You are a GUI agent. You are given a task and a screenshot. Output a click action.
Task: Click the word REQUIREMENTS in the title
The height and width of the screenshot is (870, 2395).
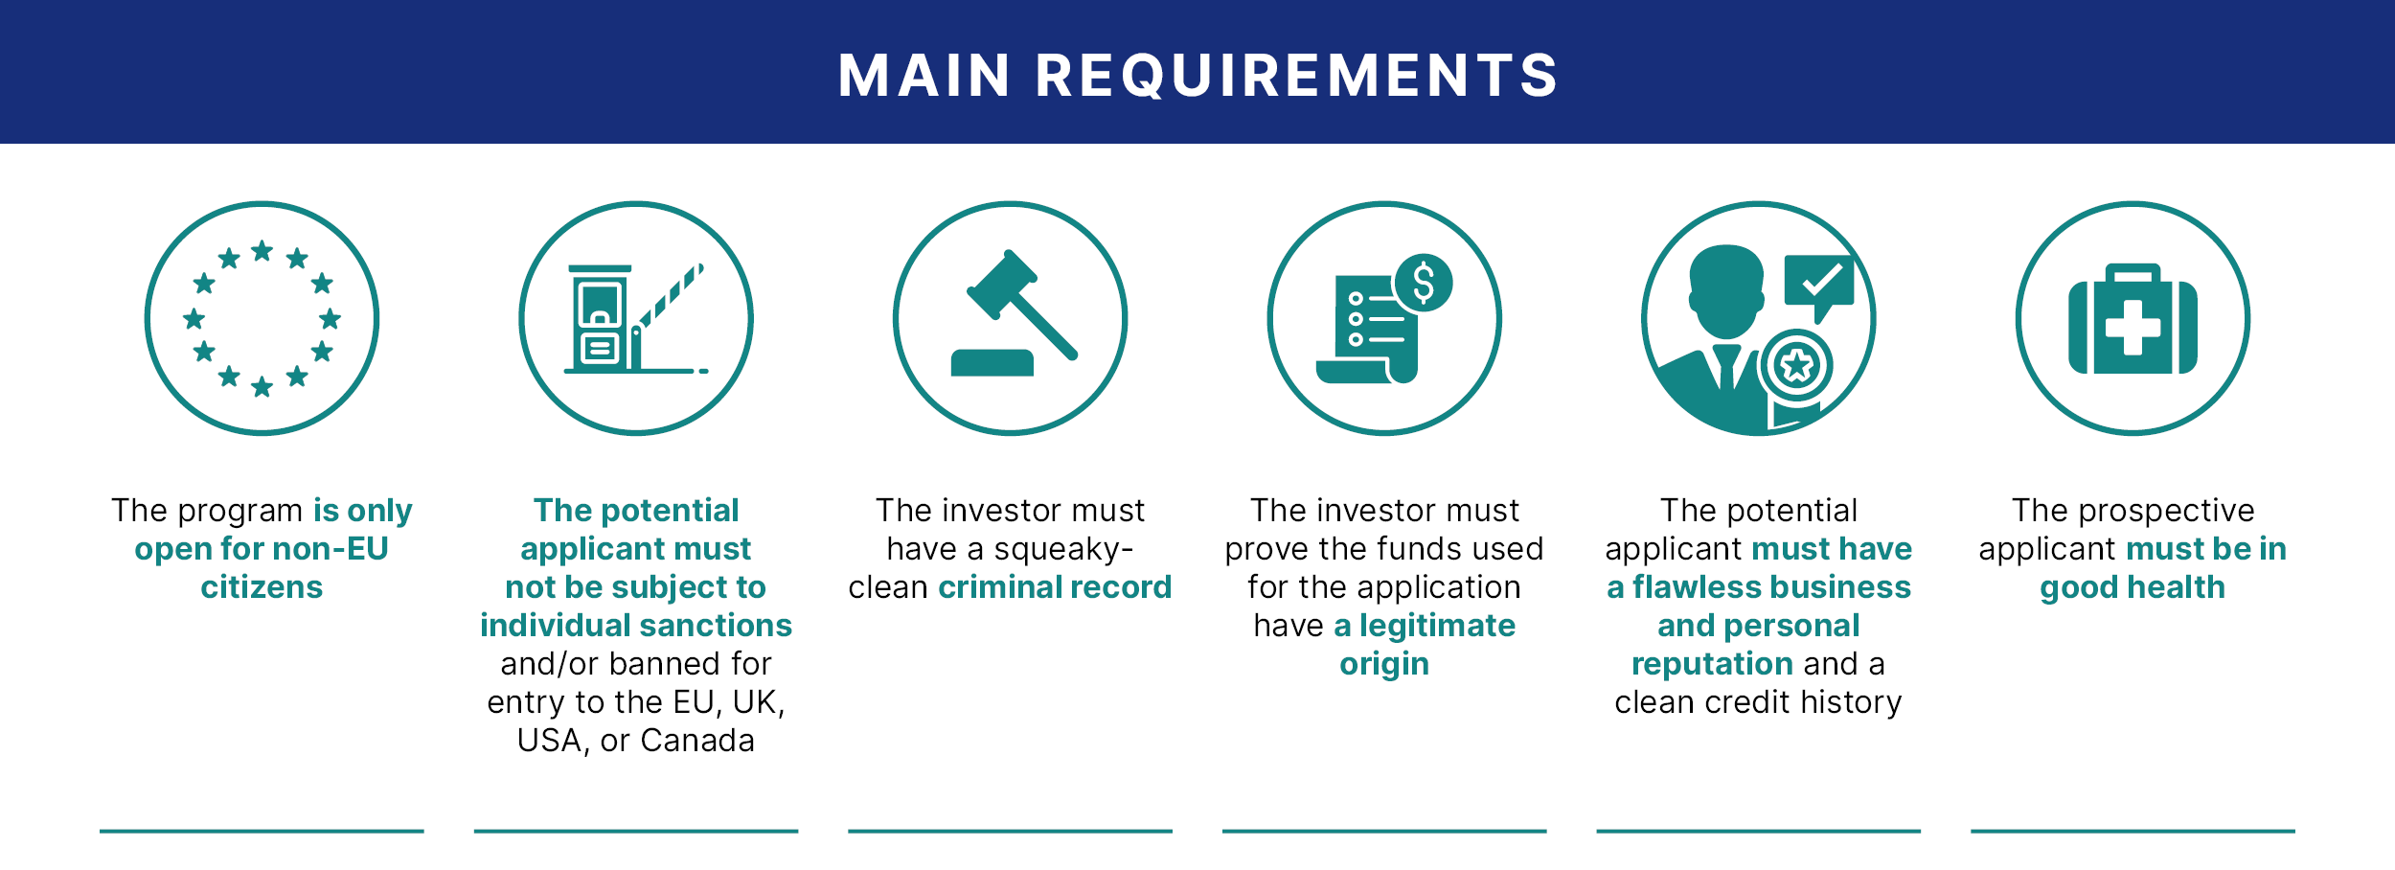(x=1297, y=77)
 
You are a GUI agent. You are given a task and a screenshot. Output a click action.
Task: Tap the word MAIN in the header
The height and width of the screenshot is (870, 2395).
(x=924, y=76)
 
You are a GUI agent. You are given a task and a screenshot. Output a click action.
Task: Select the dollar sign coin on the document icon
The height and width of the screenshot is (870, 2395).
(x=1424, y=283)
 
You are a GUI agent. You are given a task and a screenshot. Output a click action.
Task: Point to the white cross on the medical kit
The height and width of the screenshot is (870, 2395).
(x=2133, y=327)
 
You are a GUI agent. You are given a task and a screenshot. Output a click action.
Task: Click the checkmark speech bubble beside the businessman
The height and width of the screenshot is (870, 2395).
(x=1819, y=286)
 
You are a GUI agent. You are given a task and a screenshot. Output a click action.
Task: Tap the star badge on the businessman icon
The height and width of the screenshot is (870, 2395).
(x=1796, y=365)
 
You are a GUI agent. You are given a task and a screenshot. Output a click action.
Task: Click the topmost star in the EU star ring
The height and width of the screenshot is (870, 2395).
(x=262, y=251)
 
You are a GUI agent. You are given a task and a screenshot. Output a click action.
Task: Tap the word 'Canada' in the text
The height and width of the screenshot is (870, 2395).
(x=697, y=741)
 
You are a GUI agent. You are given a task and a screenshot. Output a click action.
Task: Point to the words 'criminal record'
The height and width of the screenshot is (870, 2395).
(x=1055, y=587)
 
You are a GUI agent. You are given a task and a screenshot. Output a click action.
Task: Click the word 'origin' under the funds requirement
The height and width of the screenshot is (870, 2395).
(x=1384, y=665)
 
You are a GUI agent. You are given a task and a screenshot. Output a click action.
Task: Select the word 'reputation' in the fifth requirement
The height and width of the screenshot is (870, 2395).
(x=1712, y=665)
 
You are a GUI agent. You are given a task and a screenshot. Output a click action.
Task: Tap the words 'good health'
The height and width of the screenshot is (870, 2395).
(x=2133, y=588)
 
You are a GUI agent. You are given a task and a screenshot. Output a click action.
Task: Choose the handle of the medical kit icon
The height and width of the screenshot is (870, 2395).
(x=2133, y=275)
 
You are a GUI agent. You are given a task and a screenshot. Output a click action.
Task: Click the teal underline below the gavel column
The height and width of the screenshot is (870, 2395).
(x=1010, y=831)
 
